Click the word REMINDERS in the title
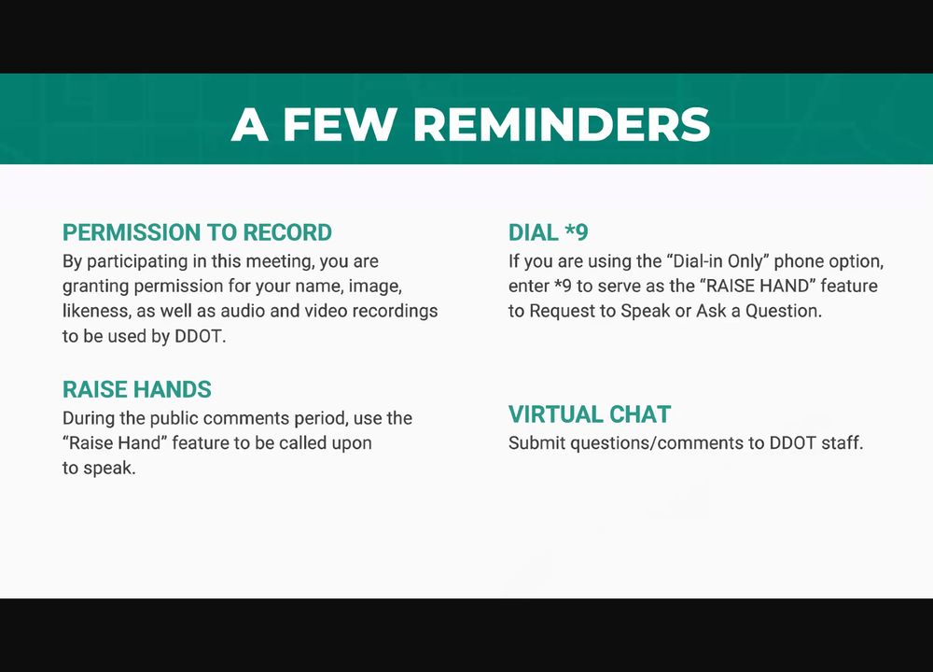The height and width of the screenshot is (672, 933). (561, 124)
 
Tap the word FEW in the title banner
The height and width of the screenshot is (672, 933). (340, 124)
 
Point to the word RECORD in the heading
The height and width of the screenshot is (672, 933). (287, 232)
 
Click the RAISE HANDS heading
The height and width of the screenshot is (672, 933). (137, 390)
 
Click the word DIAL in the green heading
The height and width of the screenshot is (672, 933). (533, 232)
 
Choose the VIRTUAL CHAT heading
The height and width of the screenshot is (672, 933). (590, 414)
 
